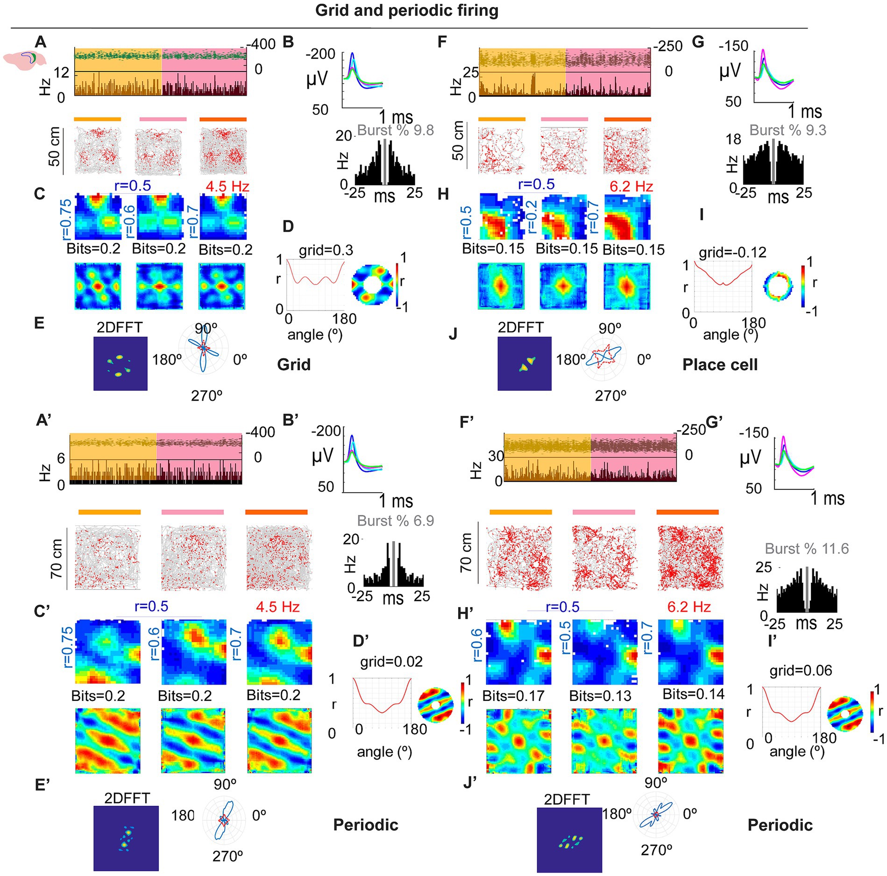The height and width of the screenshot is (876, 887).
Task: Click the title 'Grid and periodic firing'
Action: pyautogui.click(x=406, y=10)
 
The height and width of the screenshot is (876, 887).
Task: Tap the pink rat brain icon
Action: pyautogui.click(x=24, y=59)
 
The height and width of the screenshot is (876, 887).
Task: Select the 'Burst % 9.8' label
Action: pyautogui.click(x=395, y=130)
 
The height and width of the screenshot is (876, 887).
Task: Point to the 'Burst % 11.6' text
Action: pyautogui.click(x=807, y=549)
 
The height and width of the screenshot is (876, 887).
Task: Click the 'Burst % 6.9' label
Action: pyautogui.click(x=395, y=521)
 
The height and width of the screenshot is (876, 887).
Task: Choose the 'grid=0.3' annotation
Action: pyautogui.click(x=326, y=251)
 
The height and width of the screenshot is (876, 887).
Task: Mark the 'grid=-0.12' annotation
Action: pyautogui.click(x=732, y=253)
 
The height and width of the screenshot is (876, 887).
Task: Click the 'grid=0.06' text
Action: pyautogui.click(x=801, y=671)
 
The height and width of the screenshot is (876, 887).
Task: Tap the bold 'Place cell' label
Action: pyautogui.click(x=720, y=365)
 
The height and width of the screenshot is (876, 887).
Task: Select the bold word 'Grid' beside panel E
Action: pyautogui.click(x=294, y=365)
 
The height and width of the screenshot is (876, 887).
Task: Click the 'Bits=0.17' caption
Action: pyautogui.click(x=513, y=696)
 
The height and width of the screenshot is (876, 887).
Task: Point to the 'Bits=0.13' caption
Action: pyautogui.click(x=600, y=696)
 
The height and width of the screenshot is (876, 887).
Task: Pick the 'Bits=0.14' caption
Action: pyautogui.click(x=693, y=694)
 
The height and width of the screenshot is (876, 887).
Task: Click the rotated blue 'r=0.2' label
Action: pyautogui.click(x=531, y=217)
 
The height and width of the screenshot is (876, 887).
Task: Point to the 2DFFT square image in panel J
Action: pyautogui.click(x=524, y=363)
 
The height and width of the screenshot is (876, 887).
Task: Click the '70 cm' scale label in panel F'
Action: pyautogui.click(x=466, y=553)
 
